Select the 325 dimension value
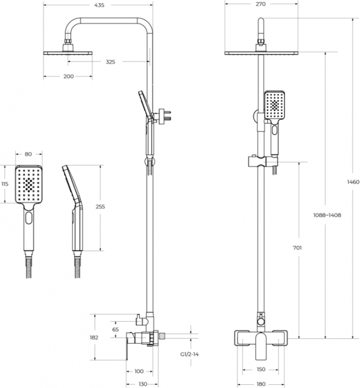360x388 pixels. tap(110, 62)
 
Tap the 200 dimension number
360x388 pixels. tap(68, 77)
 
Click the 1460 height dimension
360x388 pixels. tap(352, 182)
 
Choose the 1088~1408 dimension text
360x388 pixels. tap(327, 215)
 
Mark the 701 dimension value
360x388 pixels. tap(298, 248)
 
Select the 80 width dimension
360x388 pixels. tap(28, 155)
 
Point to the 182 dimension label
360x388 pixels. tap(94, 337)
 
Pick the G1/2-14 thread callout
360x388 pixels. tap(189, 354)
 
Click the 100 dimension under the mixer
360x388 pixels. tap(138, 371)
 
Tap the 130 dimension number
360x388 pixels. tap(142, 384)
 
